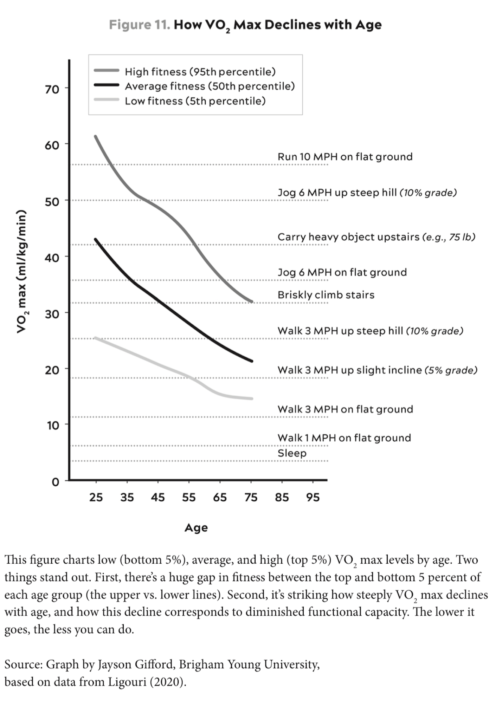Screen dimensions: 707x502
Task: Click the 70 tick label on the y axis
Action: coord(52,90)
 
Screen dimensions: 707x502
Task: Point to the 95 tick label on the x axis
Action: coord(313,497)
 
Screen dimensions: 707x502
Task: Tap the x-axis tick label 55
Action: coord(189,497)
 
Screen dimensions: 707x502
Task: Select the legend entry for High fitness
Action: coord(200,72)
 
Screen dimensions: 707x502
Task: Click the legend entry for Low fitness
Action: coord(195,101)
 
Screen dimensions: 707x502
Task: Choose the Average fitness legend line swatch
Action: coord(107,85)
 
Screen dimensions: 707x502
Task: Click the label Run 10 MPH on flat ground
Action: coord(345,157)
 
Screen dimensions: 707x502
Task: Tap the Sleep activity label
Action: coord(292,453)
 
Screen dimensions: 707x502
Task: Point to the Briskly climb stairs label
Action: coord(326,295)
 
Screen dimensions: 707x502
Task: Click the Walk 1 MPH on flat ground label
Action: coord(344,438)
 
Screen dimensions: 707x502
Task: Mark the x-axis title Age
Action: coord(196,528)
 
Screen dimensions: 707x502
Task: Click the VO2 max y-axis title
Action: coord(22,271)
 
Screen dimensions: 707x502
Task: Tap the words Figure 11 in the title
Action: coord(140,25)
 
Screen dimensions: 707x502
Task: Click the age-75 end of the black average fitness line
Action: coord(251,361)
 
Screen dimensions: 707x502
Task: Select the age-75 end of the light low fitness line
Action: coord(251,398)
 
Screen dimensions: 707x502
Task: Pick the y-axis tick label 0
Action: coord(55,482)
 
